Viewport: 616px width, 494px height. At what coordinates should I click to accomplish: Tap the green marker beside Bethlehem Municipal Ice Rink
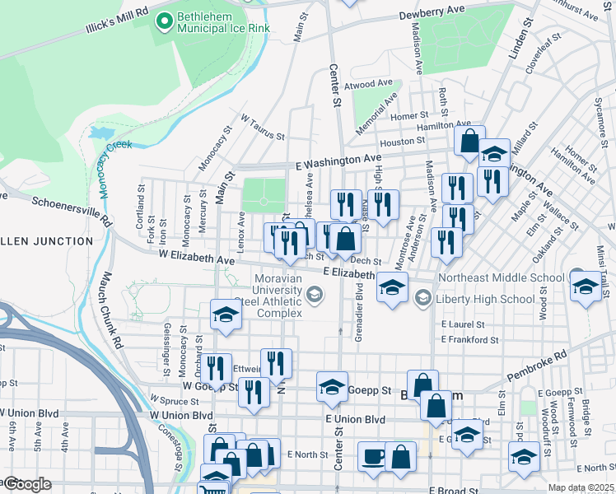click(164, 20)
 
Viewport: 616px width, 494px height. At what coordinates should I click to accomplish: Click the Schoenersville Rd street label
click(71, 211)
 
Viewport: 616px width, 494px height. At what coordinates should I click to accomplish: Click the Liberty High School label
click(485, 299)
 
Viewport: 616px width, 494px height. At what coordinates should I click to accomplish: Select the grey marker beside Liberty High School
click(423, 298)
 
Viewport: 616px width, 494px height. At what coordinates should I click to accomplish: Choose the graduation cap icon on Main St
click(225, 315)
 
